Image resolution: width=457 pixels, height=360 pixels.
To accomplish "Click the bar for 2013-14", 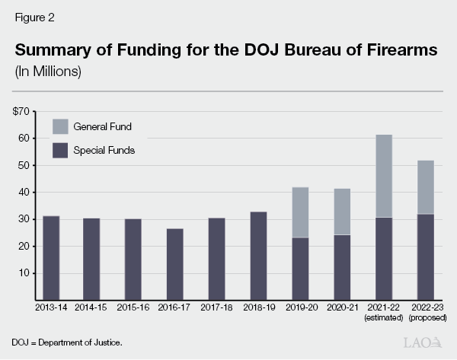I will [x=51, y=258].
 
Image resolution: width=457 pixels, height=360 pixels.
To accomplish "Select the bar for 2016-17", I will [x=175, y=264].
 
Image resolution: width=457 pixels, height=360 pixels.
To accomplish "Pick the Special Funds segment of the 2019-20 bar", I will [x=299, y=269].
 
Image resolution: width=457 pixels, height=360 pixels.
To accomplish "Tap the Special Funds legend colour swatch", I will [x=59, y=150].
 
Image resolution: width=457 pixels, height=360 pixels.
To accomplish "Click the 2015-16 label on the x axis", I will [x=133, y=308].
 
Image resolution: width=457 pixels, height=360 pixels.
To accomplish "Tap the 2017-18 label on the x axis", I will [x=216, y=308].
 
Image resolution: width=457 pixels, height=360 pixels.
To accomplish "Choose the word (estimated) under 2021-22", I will [x=382, y=318].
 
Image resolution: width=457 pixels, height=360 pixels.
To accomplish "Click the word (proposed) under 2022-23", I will [x=423, y=318].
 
